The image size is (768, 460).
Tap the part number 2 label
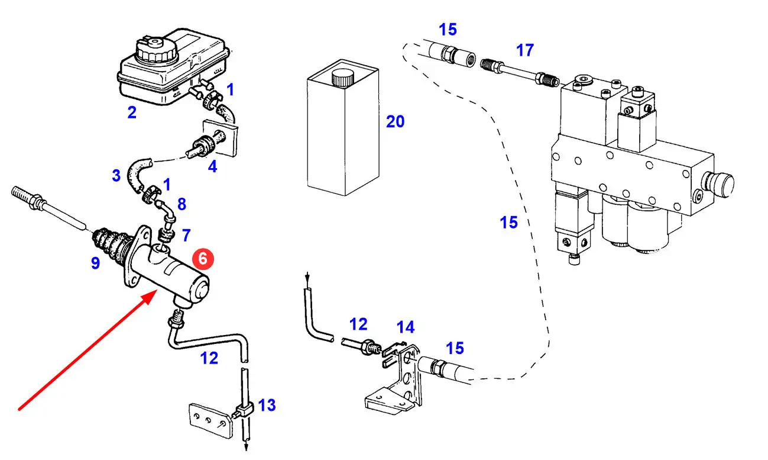point(132,112)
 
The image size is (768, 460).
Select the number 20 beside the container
point(395,121)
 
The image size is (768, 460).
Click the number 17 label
point(524,50)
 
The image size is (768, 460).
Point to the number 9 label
point(95,263)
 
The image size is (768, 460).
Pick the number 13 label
point(267,406)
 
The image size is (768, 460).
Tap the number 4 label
point(212,166)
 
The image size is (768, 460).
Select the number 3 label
point(116,175)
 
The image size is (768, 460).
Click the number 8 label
point(182,204)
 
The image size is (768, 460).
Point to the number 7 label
point(186,236)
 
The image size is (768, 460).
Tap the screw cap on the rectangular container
point(341,76)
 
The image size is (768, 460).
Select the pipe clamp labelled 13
point(244,410)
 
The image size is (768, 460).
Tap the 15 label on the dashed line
point(508,223)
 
